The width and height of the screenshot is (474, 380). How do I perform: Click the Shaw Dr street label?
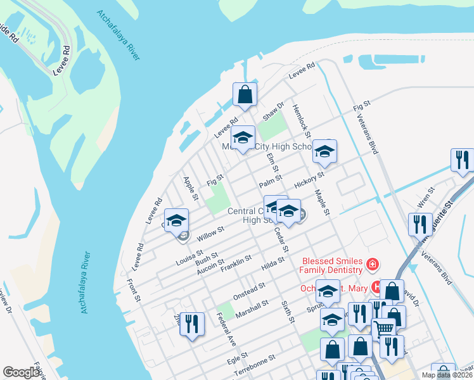(274, 112)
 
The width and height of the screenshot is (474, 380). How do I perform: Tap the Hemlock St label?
(301, 120)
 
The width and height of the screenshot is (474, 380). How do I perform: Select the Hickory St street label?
(309, 179)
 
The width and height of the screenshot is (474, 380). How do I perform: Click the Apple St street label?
(190, 188)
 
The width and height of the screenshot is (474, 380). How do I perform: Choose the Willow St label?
(210, 233)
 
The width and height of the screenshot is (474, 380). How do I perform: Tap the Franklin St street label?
(236, 263)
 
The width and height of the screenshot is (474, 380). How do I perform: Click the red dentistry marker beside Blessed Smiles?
(373, 263)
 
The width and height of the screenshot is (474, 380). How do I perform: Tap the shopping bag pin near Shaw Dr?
(245, 95)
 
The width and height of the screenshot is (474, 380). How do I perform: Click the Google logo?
(22, 372)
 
